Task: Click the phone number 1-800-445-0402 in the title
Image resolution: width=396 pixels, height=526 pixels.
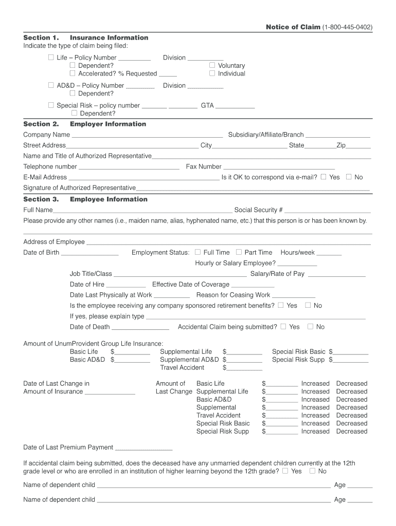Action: (x=348, y=27)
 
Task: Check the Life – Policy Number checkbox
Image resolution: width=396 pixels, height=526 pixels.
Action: (x=51, y=58)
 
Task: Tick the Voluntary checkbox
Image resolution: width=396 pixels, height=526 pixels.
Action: (x=212, y=65)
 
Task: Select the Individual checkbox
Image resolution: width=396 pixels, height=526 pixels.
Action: (x=212, y=73)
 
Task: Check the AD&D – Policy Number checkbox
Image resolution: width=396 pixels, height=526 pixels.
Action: (x=51, y=85)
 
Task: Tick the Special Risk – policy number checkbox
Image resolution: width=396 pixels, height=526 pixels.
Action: (x=51, y=105)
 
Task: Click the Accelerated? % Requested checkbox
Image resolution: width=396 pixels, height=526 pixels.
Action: (x=73, y=73)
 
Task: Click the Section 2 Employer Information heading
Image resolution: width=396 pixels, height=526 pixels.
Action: (x=85, y=124)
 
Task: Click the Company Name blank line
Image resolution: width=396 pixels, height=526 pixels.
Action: (x=148, y=136)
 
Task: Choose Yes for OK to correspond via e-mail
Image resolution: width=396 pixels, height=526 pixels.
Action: (x=323, y=177)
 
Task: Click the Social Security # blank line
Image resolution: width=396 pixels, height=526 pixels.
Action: (x=328, y=211)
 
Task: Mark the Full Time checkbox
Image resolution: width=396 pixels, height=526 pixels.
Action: (x=197, y=252)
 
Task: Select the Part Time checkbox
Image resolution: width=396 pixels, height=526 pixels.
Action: (x=239, y=252)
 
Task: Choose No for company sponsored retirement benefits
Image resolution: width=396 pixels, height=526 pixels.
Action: (x=308, y=305)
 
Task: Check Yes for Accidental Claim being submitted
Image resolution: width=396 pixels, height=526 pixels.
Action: (x=283, y=327)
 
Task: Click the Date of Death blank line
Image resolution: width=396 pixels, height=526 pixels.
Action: (x=140, y=328)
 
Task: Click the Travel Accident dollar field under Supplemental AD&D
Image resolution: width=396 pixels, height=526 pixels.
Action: (x=244, y=368)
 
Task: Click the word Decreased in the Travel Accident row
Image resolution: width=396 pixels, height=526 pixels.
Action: (x=352, y=415)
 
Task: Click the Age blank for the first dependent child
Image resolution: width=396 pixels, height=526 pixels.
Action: (x=360, y=486)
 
